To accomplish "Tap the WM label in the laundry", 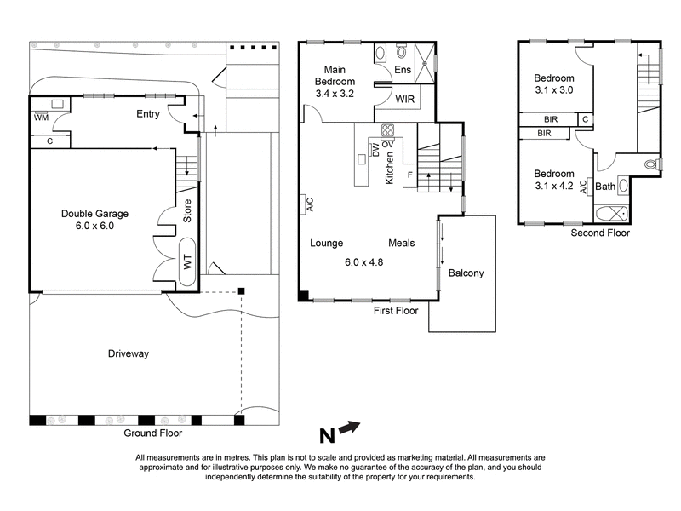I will pos(40,118).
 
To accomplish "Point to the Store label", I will pos(188,211).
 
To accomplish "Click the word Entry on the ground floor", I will pos(149,114).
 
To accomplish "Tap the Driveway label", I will pos(132,353).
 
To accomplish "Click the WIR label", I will pos(405,100).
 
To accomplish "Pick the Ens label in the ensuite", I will pos(403,71).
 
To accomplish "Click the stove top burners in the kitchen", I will pos(387,130).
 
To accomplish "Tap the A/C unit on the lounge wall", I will pos(310,204).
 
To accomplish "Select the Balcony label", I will pos(466,273).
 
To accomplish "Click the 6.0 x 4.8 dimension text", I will pos(363,262).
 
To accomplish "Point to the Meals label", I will pos(401,243).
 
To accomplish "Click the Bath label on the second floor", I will pos(605,187).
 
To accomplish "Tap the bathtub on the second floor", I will pos(609,213).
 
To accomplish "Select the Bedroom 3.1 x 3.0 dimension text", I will pos(554,89).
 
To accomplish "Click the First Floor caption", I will pos(396,312).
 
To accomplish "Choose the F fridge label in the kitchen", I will pos(410,175).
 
